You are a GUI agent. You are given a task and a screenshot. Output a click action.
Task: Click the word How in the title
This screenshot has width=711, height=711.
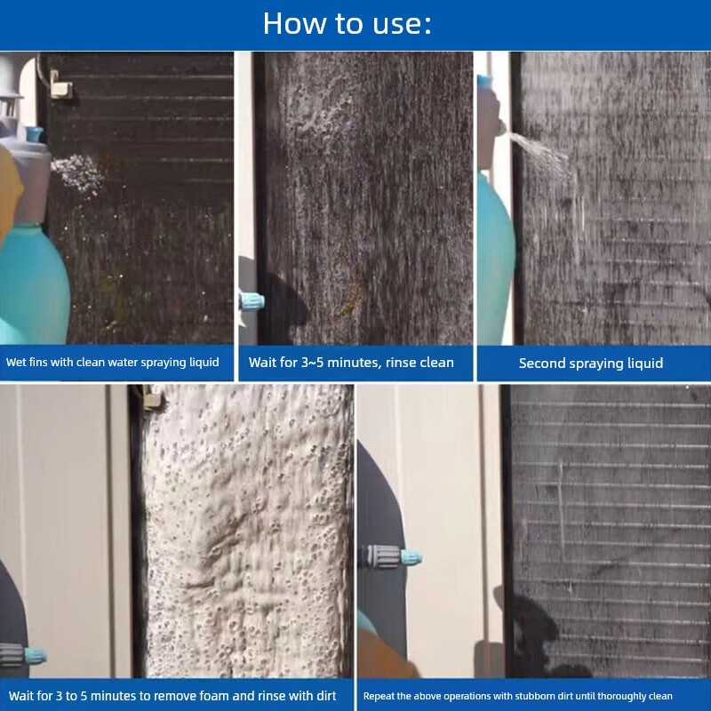pos(295,23)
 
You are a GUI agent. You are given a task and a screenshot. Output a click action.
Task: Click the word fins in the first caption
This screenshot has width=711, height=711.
pos(38,362)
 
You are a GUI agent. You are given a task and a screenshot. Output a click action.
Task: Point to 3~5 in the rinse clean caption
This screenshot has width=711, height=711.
pos(313,363)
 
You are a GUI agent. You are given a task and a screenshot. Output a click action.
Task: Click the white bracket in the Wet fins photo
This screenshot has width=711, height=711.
pos(60,84)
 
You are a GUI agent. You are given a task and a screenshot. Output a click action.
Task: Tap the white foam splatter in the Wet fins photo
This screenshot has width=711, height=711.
pos(76,174)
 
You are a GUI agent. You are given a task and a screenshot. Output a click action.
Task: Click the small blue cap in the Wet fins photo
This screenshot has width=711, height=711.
pos(35,134)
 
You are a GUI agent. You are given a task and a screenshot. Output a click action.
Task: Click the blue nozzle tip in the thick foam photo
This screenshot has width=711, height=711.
pos(36,656)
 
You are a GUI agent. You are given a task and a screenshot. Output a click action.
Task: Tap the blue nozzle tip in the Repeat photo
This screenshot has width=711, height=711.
pos(411,557)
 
